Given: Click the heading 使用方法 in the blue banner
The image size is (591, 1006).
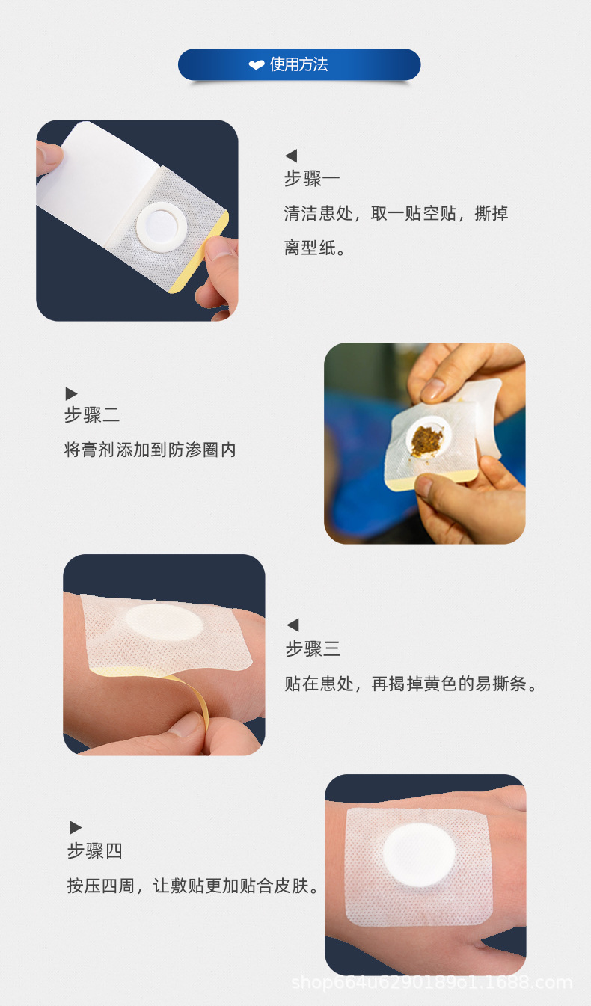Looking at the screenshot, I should click(x=298, y=65).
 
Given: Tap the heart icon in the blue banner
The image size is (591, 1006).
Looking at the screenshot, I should click(x=257, y=66).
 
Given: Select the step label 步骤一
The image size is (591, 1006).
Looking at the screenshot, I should click(x=312, y=179).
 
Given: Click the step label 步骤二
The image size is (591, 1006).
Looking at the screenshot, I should click(x=92, y=415).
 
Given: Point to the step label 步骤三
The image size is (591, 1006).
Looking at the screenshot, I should click(x=313, y=649).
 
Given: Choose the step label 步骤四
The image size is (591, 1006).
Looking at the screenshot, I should click(x=95, y=850).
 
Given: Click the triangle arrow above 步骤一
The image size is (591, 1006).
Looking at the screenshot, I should click(x=291, y=156).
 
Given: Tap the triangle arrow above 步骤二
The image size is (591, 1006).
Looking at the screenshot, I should click(x=71, y=393).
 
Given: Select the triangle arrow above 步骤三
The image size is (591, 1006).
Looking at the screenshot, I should click(x=293, y=625).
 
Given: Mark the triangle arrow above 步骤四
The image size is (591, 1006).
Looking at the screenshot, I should click(x=76, y=827).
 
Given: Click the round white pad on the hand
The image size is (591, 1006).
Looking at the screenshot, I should click(x=419, y=854).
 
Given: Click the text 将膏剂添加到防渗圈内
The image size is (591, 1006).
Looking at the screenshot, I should click(x=150, y=450).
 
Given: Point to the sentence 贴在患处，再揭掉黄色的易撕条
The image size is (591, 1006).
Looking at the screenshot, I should click(x=411, y=684).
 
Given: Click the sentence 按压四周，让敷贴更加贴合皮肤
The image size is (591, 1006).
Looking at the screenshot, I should click(x=193, y=886).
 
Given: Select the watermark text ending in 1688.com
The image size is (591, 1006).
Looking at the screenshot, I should click(x=431, y=982).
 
